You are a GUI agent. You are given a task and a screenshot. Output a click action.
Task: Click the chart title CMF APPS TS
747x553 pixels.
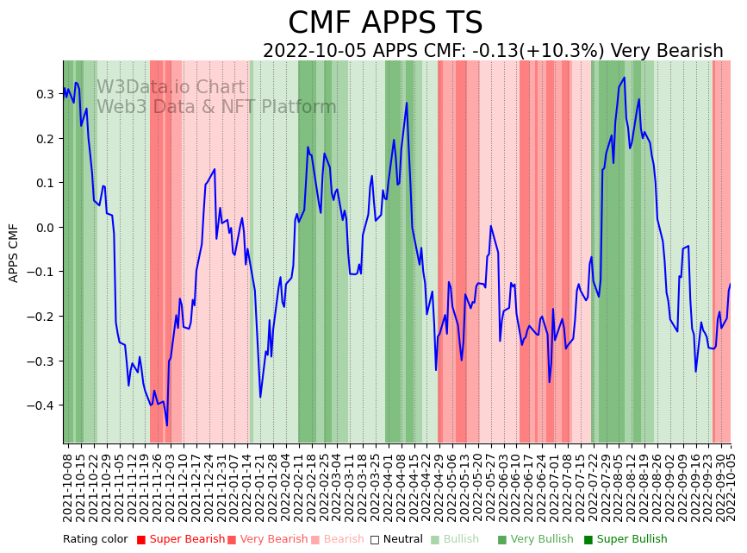[x=385, y=23]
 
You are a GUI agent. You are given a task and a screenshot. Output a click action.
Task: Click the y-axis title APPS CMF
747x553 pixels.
[x=14, y=253]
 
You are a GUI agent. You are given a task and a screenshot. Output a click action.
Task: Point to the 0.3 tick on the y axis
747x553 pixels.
[x=45, y=94]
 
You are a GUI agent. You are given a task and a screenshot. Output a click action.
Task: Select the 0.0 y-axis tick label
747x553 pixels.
[x=45, y=228]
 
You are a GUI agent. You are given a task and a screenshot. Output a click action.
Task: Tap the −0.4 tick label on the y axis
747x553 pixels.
[x=41, y=405]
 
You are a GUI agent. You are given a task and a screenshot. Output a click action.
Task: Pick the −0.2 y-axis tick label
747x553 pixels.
[x=41, y=317]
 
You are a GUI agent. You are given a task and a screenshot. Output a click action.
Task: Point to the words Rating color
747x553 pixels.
[x=95, y=540]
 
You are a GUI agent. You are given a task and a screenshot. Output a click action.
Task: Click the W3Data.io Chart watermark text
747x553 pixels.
[x=171, y=87]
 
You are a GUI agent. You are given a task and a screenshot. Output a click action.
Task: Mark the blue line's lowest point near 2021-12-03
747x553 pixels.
[x=167, y=425]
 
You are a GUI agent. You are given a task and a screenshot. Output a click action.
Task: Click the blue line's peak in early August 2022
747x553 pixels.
[x=624, y=78]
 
